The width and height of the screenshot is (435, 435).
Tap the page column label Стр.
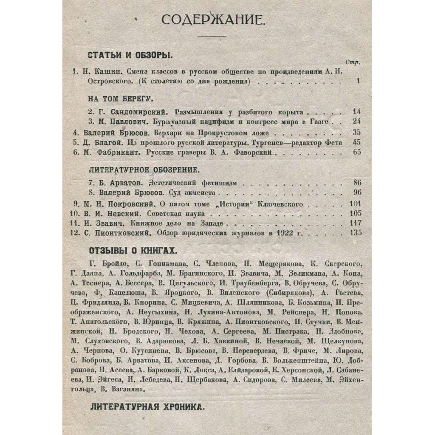tap(353, 62)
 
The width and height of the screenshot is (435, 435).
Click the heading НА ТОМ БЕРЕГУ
tap(120, 99)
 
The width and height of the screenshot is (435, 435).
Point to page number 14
tap(356, 112)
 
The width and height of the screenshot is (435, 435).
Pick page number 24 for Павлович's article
tap(356, 121)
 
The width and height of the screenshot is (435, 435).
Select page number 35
tap(356, 132)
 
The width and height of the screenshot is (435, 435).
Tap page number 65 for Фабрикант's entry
tap(356, 152)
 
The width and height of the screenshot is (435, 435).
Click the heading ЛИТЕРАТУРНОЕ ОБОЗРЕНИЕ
tap(144, 170)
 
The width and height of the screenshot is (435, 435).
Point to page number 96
tap(356, 193)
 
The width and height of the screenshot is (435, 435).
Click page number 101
tap(355, 204)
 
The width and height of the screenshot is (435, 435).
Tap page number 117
tap(355, 223)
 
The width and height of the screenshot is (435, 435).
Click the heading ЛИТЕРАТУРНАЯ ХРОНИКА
tap(147, 406)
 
